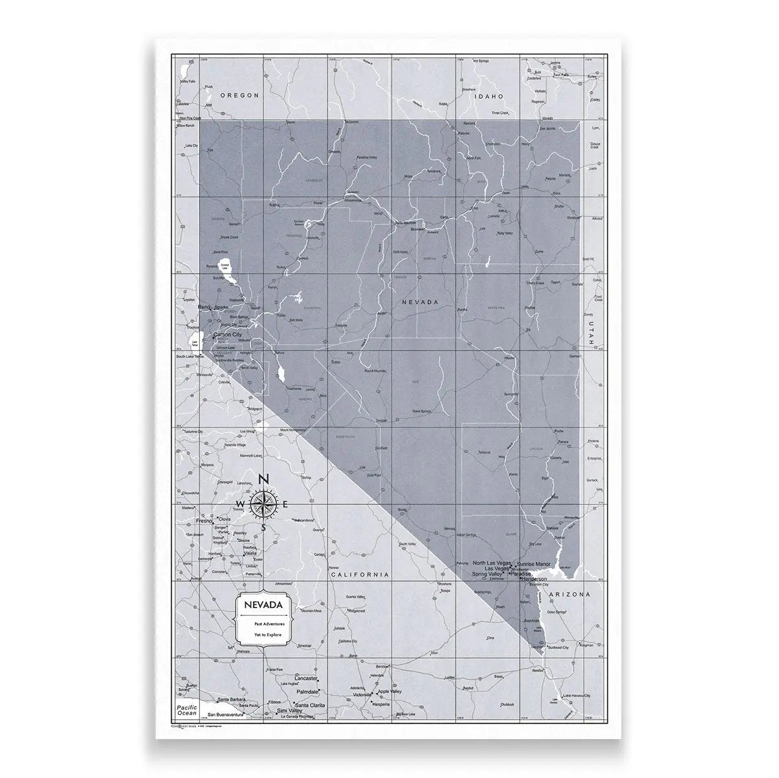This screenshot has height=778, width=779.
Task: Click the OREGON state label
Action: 239,95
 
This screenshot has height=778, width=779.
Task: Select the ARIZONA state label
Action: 569,594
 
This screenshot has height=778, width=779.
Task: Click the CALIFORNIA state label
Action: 359,574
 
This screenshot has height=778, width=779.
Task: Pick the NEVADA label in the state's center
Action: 420,302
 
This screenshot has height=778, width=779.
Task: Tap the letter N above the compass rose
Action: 263,479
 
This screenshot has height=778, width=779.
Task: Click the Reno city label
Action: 204,307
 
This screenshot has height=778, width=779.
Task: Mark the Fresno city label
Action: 204,521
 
